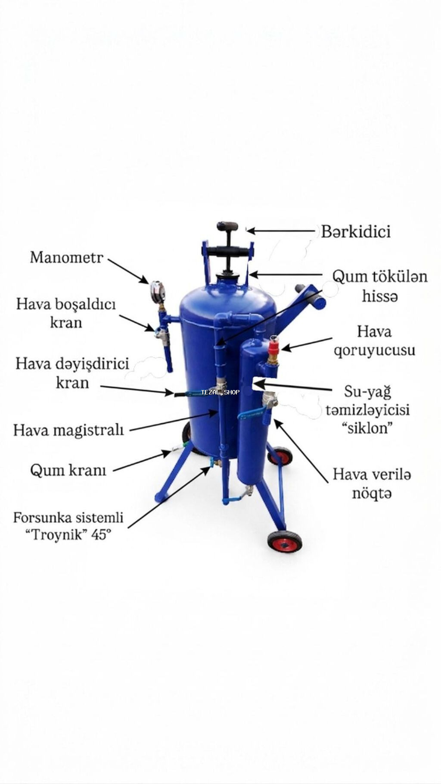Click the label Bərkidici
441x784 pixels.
pos(356,231)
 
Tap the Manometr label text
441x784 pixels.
pos(67,257)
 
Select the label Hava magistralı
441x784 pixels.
pos(68,430)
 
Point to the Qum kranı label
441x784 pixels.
pos(68,470)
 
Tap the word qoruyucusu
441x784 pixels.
pos(375,350)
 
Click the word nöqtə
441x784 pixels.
pos(372,493)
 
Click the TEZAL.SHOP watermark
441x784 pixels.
pos(220,392)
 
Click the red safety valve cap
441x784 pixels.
pos(273,347)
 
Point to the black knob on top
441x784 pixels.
pos(227,226)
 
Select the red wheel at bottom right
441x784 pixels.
pos(284,542)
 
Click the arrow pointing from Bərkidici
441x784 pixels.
pos(281,231)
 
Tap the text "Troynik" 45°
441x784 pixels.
pos(68,535)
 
